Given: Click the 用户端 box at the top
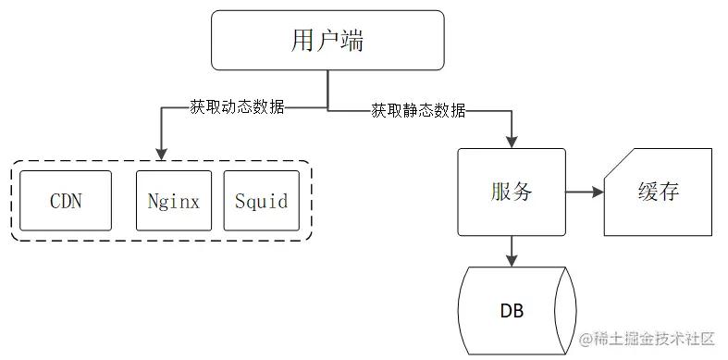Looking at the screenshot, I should pos(328,42).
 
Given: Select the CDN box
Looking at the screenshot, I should pos(66,201).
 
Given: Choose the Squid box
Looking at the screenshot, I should pos(261,201).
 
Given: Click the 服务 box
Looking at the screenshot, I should pos(511,192).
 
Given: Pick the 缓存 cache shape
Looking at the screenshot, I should pos(658,192).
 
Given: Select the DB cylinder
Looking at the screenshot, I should pos(517,310).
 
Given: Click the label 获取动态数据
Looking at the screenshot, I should pos(222,107).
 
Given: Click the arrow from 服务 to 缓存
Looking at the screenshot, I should pos(583,192).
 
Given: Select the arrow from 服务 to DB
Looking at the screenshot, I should pos(511,250).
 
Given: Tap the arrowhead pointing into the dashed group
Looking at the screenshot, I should pos(162,151).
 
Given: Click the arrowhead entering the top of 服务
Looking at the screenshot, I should pos(511,140).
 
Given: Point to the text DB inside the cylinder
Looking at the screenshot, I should pos(512,311).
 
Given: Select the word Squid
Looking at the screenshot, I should pos(261,201).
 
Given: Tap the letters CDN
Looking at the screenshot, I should pos(66,201).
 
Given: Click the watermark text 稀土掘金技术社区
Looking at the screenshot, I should pos(659,340).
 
